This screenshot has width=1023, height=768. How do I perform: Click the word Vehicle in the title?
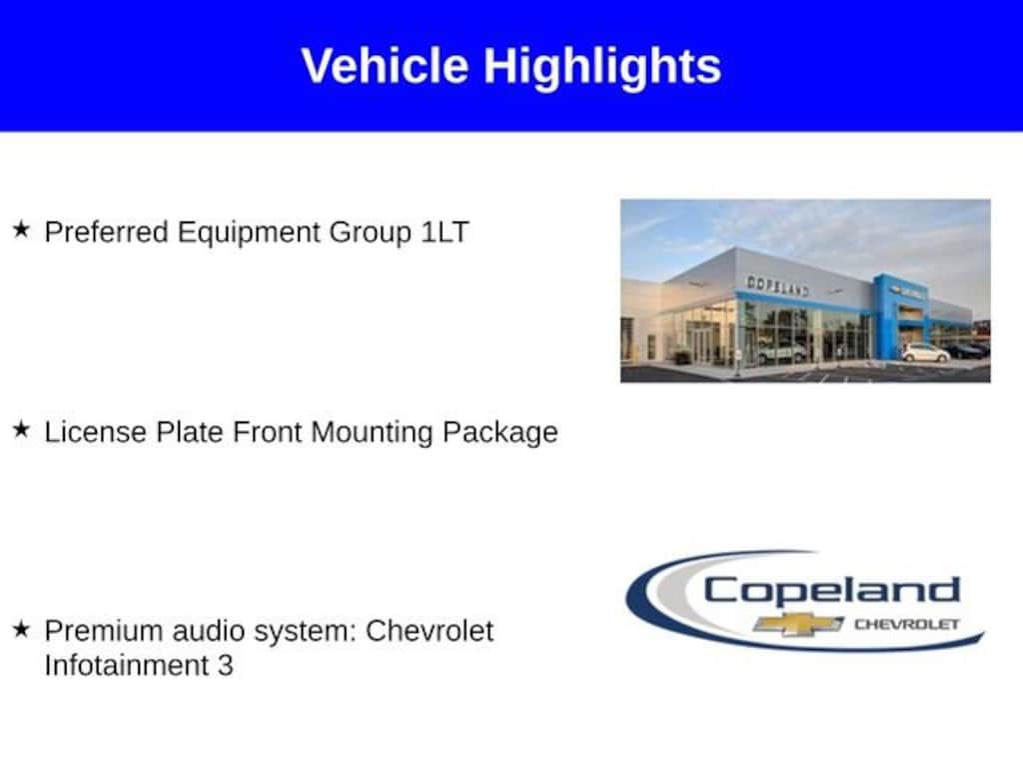click(x=385, y=65)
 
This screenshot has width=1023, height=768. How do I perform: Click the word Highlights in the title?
click(x=602, y=68)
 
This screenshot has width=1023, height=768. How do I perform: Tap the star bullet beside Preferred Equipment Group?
click(x=22, y=229)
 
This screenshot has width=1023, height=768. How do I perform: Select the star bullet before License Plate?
click(x=22, y=429)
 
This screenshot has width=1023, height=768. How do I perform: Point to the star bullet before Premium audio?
click(x=22, y=629)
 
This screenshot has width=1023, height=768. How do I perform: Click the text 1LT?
click(x=445, y=232)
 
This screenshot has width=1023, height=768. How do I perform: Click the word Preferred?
click(x=106, y=232)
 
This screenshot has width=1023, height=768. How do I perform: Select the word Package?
click(x=501, y=434)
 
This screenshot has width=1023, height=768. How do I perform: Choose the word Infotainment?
click(x=127, y=665)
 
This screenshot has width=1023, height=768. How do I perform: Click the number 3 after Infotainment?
click(x=225, y=666)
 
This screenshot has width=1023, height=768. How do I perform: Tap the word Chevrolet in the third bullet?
click(x=430, y=632)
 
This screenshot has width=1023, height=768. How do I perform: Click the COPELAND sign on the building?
click(x=777, y=285)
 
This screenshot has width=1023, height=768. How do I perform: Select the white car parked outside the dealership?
click(x=925, y=353)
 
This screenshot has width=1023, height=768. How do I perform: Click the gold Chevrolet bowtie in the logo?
click(x=798, y=624)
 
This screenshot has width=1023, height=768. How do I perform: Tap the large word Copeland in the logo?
click(x=831, y=590)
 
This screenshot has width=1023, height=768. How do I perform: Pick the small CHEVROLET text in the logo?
click(x=907, y=624)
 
